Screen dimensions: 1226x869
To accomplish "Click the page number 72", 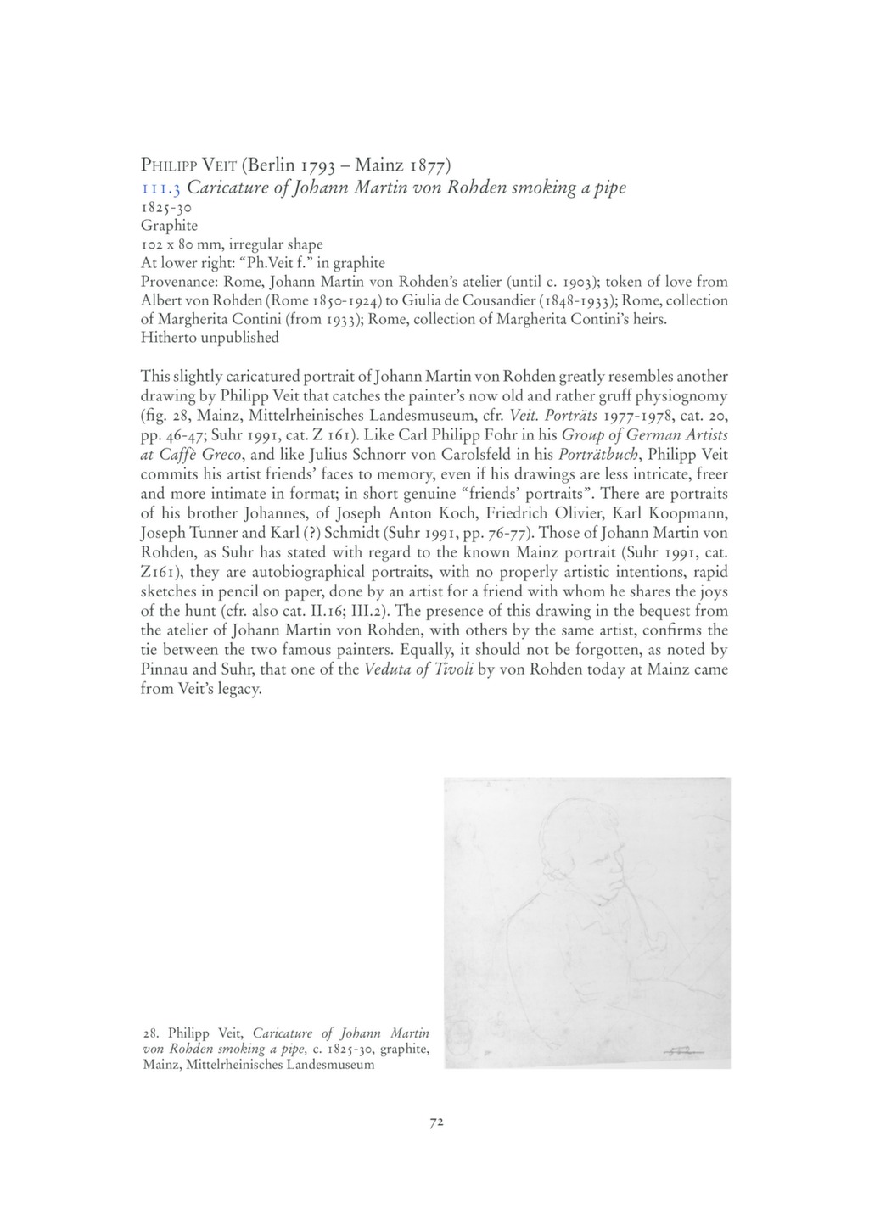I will click(436, 1122).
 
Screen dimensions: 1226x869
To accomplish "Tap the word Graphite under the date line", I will click(169, 226).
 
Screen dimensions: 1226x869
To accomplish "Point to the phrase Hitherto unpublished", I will click(209, 338).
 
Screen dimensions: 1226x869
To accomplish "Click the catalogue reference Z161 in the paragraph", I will click(158, 573).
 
